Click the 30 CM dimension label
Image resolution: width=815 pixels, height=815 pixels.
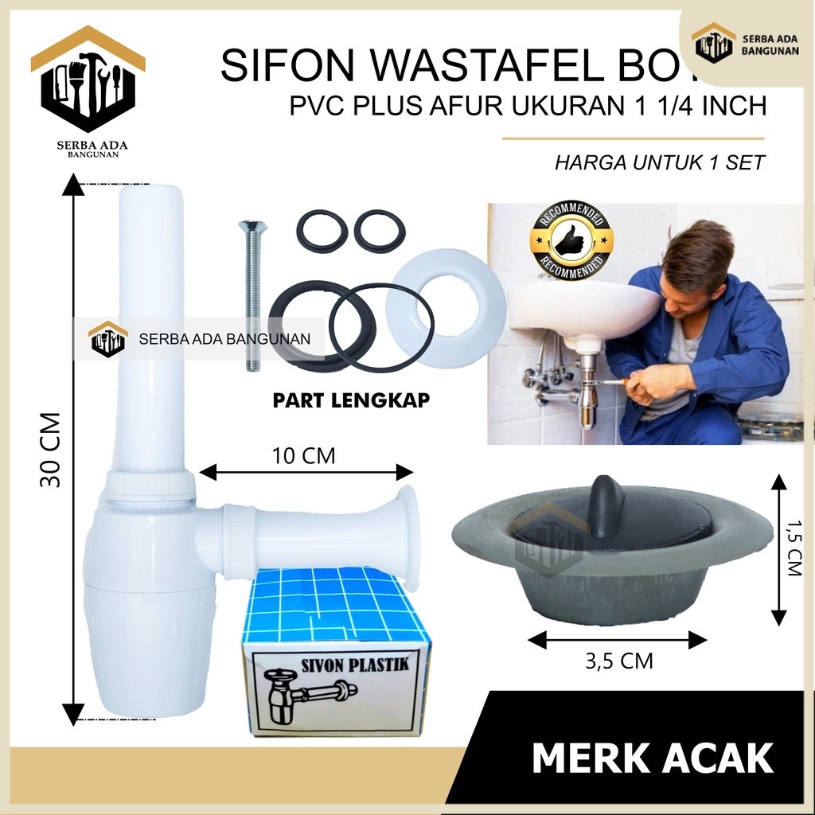pyautogui.click(x=49, y=450)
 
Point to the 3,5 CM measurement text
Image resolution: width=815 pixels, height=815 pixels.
pyautogui.click(x=618, y=660)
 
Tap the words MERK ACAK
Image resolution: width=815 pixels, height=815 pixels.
pyautogui.click(x=653, y=757)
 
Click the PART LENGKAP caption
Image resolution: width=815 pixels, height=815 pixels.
pyautogui.click(x=351, y=400)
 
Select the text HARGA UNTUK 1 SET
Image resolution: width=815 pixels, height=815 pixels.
pyautogui.click(x=660, y=163)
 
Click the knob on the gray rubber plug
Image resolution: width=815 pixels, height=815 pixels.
pyautogui.click(x=607, y=498)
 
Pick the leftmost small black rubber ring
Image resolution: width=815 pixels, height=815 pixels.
pyautogui.click(x=322, y=231)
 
